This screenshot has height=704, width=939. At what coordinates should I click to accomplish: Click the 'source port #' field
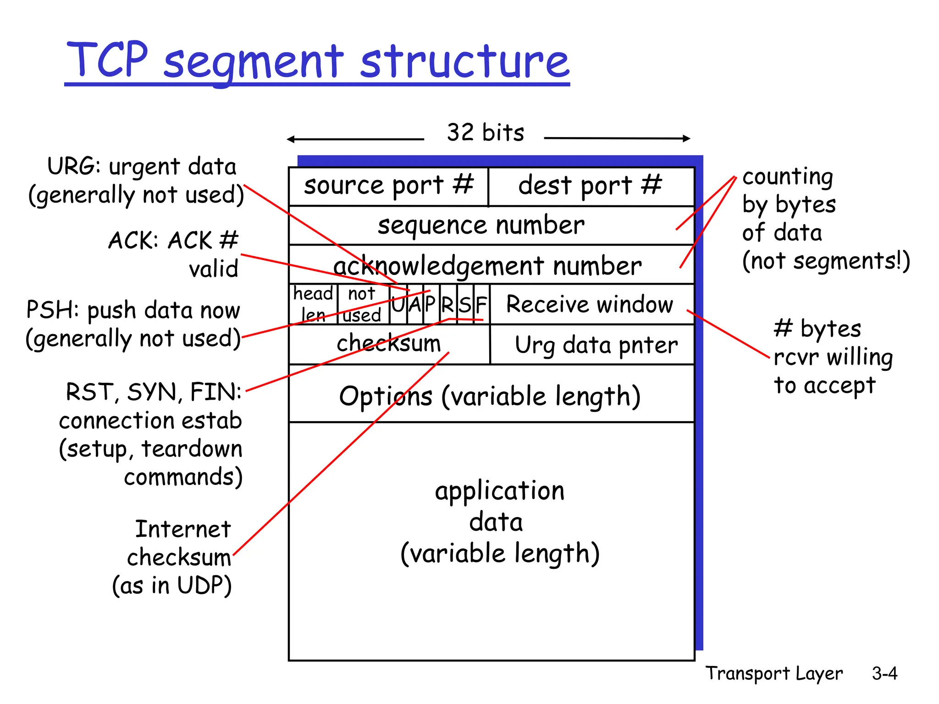tap(388, 186)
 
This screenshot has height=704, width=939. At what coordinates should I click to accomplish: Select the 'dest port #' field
tap(591, 186)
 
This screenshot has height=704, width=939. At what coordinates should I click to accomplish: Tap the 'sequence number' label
tap(481, 225)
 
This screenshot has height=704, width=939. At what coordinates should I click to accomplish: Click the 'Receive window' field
tap(590, 304)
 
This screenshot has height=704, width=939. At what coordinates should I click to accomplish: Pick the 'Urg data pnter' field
tap(596, 345)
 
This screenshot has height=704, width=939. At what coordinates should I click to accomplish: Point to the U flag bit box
tap(398, 304)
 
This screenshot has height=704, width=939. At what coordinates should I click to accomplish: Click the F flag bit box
tap(481, 304)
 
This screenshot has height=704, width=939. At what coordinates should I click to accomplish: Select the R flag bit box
tap(447, 304)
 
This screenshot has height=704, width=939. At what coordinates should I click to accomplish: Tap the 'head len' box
tap(313, 304)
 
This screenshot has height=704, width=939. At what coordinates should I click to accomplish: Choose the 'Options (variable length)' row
tap(490, 396)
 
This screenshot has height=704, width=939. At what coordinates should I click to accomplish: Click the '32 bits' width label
tap(485, 132)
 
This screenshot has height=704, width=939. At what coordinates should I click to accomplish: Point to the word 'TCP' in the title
tap(108, 60)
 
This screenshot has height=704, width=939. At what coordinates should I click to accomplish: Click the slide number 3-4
tap(884, 673)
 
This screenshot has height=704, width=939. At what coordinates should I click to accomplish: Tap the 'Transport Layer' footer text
tap(774, 673)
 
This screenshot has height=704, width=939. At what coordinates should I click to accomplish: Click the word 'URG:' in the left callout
tap(73, 166)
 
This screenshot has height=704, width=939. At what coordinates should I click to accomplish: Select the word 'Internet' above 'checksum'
tap(182, 529)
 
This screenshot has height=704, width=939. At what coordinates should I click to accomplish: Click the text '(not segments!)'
tap(826, 261)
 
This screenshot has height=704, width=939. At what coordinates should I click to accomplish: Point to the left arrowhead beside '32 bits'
tap(290, 139)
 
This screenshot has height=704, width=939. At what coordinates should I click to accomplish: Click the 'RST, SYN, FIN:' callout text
tap(154, 392)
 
